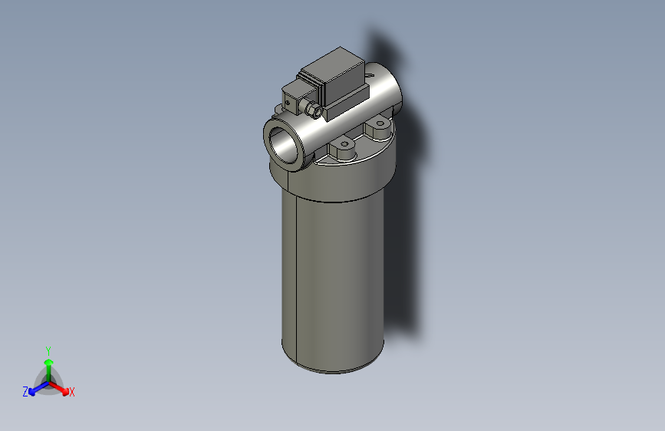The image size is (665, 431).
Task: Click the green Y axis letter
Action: [48, 350]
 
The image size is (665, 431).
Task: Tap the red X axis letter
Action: [72, 393]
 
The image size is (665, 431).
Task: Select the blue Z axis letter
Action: [25, 392]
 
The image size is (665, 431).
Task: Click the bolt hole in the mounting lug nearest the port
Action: [344, 143]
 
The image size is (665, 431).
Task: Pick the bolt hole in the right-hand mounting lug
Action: [377, 122]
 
